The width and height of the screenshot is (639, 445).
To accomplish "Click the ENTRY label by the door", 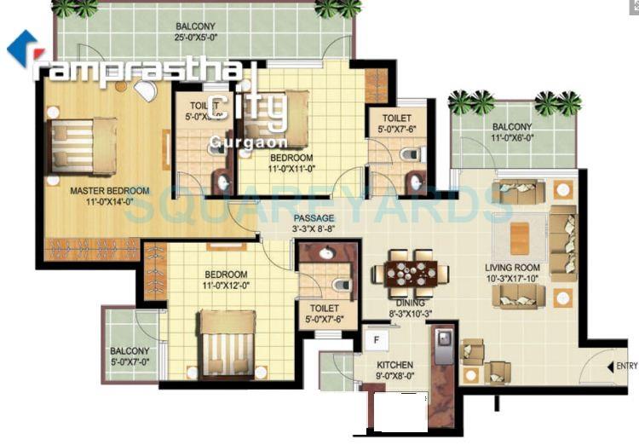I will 626,367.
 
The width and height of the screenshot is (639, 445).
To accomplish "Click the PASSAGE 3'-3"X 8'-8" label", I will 314,224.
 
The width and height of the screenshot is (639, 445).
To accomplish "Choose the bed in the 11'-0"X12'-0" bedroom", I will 226,338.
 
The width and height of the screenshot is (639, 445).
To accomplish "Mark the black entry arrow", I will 609,367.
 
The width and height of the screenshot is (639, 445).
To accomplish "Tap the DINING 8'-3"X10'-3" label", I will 406,308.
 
